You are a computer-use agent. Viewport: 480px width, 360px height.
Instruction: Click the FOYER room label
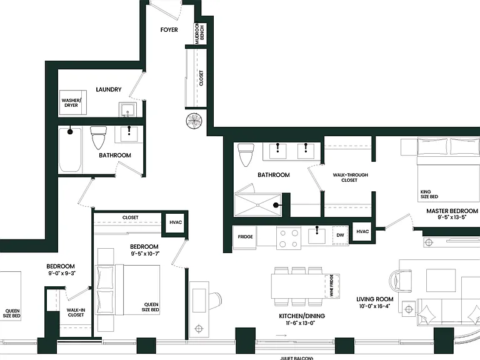[169, 30]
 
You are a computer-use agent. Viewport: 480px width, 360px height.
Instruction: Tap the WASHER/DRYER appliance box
[73, 102]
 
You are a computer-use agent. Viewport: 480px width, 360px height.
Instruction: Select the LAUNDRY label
[109, 89]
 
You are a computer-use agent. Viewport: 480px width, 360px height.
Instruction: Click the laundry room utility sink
[127, 110]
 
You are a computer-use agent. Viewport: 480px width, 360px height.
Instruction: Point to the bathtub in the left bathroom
[70, 150]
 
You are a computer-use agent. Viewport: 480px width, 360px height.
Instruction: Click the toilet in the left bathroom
[98, 137]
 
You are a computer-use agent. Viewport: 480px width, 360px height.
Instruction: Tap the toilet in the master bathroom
[246, 155]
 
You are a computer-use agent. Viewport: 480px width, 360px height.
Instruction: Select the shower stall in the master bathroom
[257, 205]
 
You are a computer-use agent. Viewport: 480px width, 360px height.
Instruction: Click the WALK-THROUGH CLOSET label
[350, 177]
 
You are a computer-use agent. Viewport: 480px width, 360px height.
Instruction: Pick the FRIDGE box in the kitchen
[245, 237]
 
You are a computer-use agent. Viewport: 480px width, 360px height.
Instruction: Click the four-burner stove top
[289, 239]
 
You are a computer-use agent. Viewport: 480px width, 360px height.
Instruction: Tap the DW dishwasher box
[341, 236]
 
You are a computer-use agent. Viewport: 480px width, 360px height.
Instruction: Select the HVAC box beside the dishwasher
[362, 231]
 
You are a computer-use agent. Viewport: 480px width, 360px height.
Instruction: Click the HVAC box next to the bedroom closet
[176, 222]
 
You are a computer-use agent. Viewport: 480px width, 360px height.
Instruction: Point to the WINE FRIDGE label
[331, 285]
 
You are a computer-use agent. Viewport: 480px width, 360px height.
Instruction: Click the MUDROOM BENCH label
[199, 34]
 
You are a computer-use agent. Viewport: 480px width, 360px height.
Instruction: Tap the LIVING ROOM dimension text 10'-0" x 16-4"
[375, 306]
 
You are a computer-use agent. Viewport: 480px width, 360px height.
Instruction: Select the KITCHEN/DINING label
[302, 316]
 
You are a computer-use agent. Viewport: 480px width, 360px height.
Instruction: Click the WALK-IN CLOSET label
[76, 312]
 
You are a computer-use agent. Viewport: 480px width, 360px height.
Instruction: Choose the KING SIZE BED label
[429, 194]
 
